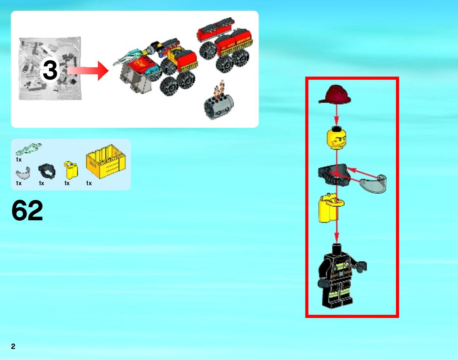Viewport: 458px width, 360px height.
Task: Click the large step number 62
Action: (27, 210)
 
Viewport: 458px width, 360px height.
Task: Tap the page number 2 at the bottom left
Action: (13, 346)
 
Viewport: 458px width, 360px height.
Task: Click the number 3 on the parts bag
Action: (50, 70)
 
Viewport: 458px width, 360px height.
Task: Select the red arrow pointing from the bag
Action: (88, 71)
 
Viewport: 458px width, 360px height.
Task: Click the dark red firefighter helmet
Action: (335, 95)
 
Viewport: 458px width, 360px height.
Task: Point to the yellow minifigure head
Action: (336, 138)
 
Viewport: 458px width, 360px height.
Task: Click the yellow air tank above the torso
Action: (330, 208)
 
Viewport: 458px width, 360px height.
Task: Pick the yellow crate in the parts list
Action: (106, 162)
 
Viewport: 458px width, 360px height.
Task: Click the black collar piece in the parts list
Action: (47, 171)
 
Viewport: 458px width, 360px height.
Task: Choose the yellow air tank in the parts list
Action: (71, 170)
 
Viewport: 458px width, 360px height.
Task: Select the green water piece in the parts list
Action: (28, 149)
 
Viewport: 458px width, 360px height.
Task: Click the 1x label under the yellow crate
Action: (89, 183)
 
